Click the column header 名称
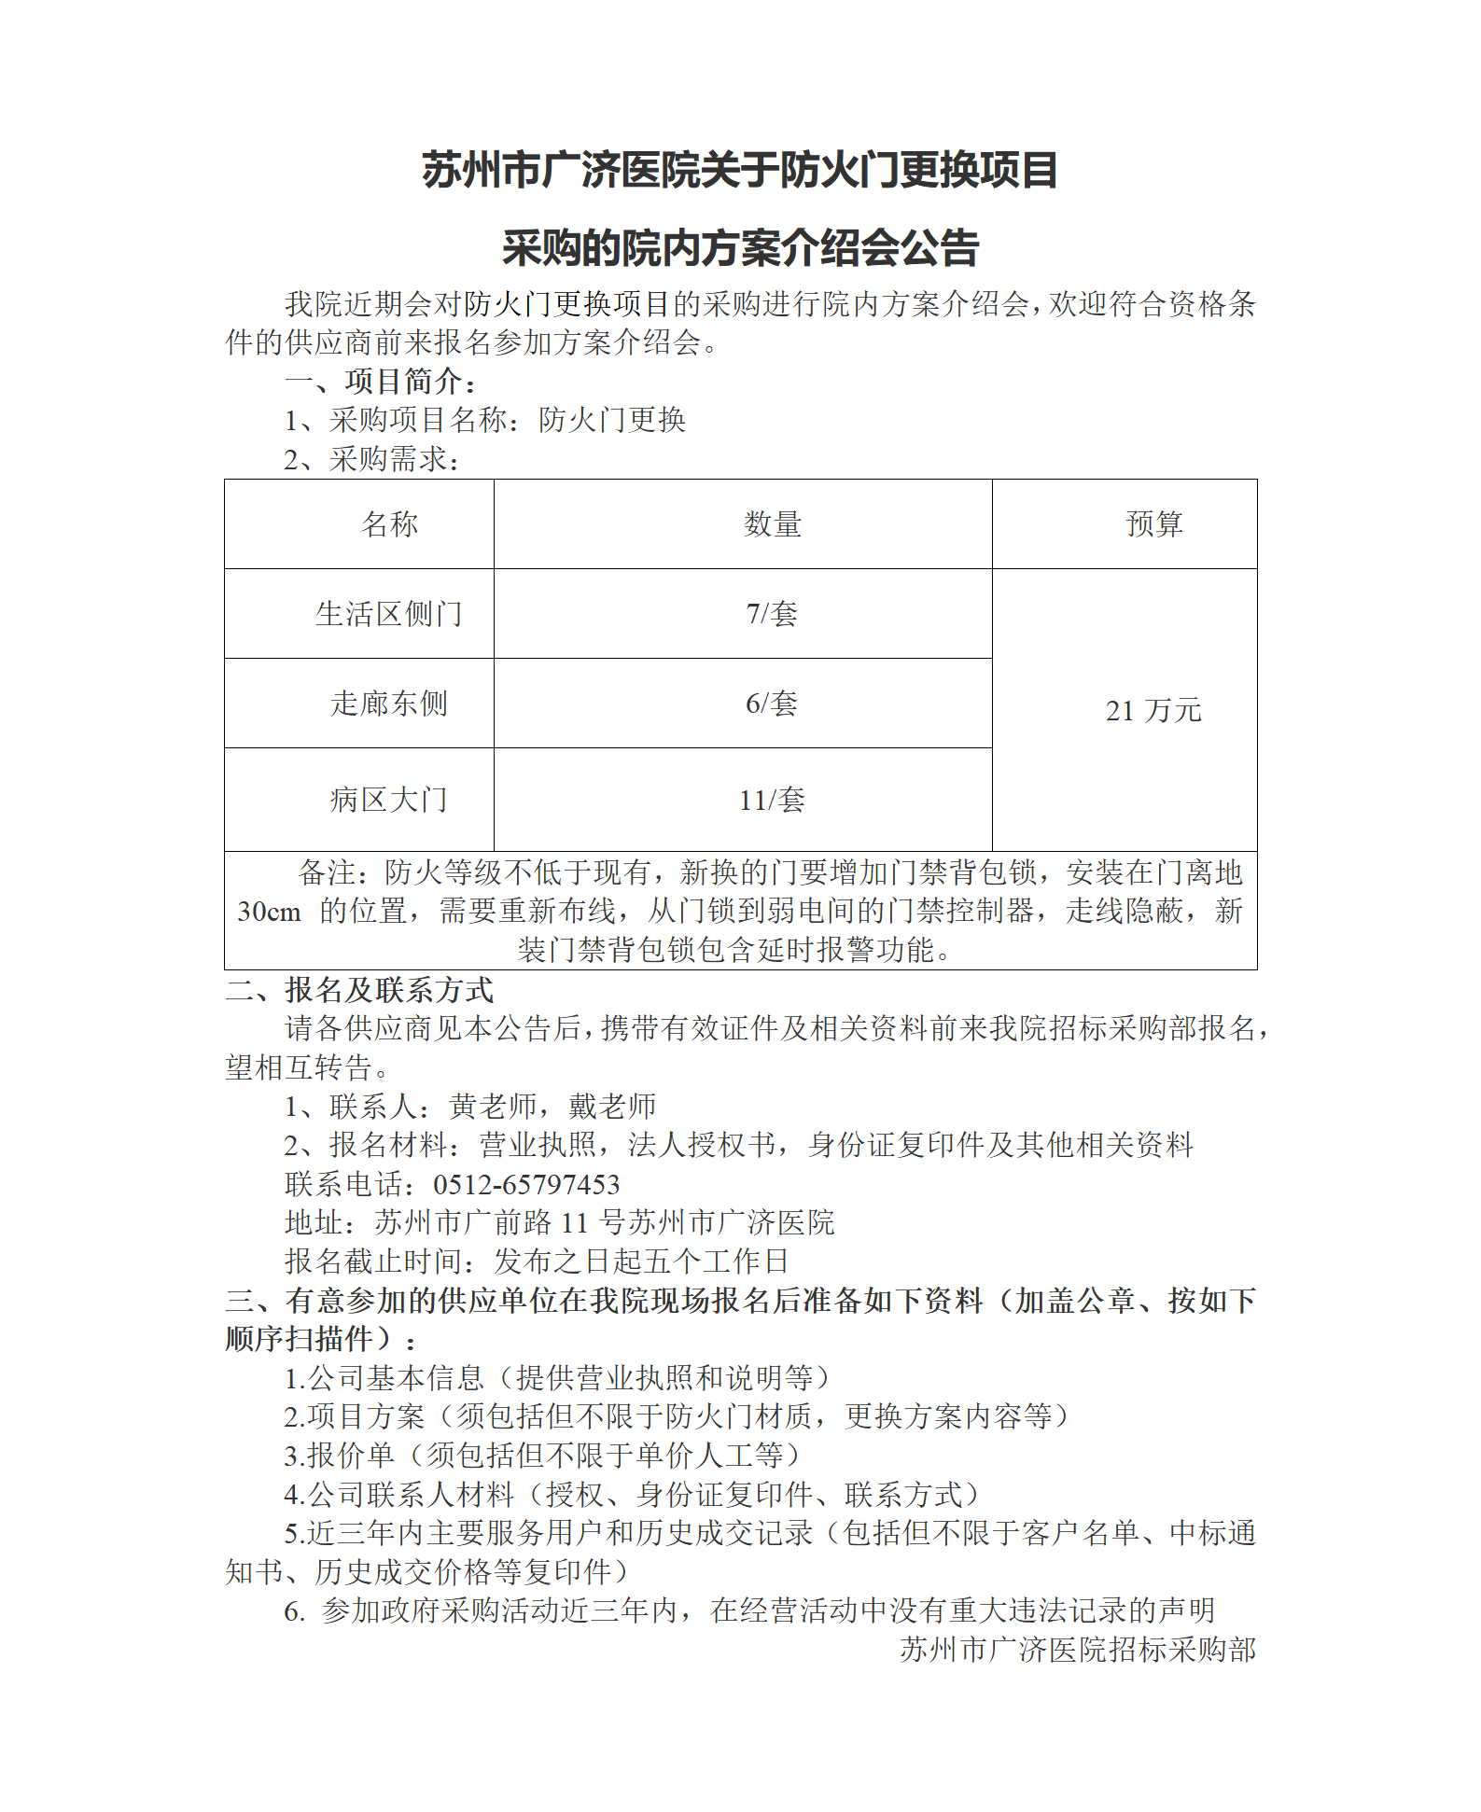(390, 524)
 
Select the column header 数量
(773, 524)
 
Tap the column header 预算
(1154, 524)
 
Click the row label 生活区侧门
(389, 614)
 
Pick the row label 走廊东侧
(389, 704)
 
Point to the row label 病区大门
(389, 800)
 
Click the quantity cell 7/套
(772, 614)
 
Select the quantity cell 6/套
(772, 704)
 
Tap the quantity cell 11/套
(772, 800)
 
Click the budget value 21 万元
(1153, 711)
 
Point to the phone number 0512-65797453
(526, 1184)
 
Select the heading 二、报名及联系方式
(360, 989)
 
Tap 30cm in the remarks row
(269, 912)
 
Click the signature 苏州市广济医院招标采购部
(1078, 1650)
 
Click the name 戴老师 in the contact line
(612, 1107)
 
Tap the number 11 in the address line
(575, 1222)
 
